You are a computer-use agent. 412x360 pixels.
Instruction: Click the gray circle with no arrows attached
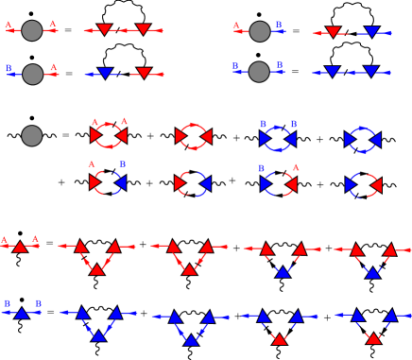[32, 136]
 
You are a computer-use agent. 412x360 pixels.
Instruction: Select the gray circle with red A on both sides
[32, 31]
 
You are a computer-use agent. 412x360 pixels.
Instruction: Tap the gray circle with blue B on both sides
[259, 72]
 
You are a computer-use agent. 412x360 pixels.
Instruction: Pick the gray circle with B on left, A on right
[32, 74]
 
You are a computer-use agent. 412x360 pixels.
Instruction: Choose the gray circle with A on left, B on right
[260, 31]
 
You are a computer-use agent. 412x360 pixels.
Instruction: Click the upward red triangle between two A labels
[20, 247]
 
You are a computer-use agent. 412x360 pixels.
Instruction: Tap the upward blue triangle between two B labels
[22, 313]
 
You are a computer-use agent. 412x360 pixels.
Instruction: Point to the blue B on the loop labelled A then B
[123, 164]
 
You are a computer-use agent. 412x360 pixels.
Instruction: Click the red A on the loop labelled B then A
[296, 167]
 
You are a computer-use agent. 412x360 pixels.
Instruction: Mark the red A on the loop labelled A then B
[92, 164]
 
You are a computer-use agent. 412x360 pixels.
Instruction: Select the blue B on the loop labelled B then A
[262, 168]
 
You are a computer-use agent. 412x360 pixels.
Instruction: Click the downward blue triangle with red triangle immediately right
[105, 73]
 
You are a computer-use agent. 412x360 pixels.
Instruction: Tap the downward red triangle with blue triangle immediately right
[333, 32]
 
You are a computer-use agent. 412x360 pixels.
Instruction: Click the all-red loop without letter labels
[193, 137]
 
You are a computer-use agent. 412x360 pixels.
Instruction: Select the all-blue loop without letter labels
[363, 140]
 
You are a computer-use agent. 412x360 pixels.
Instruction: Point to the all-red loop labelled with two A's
[109, 136]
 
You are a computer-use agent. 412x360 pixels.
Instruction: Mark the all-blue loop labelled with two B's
[278, 139]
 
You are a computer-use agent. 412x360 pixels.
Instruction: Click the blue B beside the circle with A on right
[9, 68]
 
